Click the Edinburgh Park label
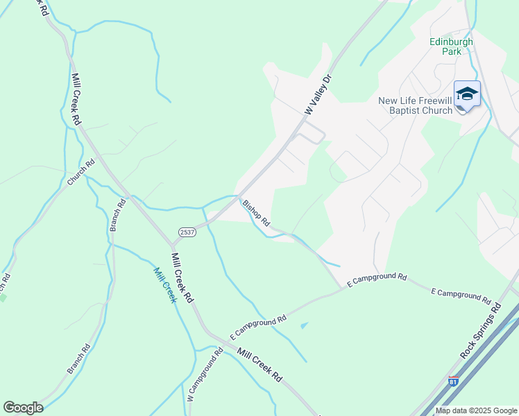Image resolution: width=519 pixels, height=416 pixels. [x=451, y=46]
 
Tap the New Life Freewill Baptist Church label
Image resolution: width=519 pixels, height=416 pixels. [x=415, y=105]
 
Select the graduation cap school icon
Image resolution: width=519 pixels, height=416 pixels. [x=467, y=94]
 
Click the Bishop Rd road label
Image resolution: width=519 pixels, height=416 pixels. [x=256, y=213]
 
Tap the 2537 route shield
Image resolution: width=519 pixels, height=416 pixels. [x=187, y=232]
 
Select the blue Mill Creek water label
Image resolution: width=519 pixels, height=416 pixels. [x=164, y=286]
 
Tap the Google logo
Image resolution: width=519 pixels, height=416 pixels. [x=23, y=408]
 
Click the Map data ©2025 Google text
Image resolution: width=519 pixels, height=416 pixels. [x=476, y=410]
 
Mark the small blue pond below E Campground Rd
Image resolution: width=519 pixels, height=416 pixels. [x=303, y=324]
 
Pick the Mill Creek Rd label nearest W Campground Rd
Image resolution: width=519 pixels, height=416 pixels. [x=259, y=364]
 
